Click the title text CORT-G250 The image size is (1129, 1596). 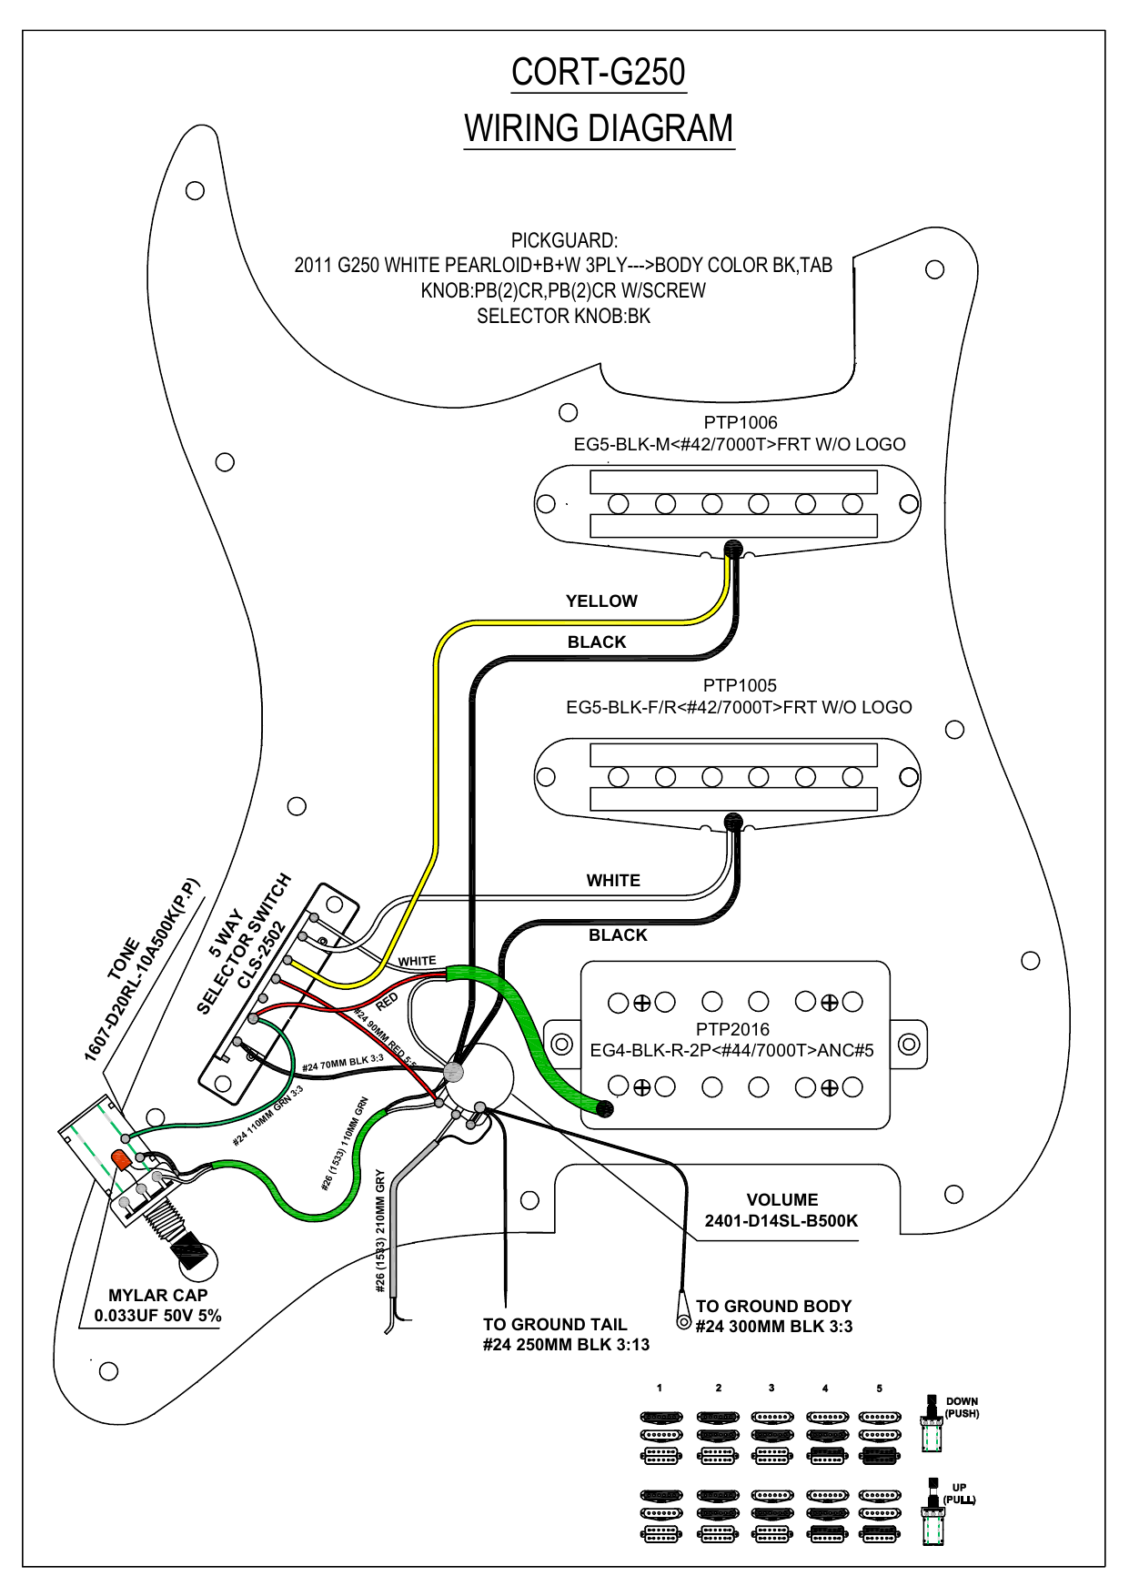pyautogui.click(x=598, y=73)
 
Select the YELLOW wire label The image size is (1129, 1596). pyautogui.click(x=601, y=601)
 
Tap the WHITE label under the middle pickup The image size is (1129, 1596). pyautogui.click(x=613, y=881)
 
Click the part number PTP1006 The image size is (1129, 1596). pyautogui.click(x=740, y=422)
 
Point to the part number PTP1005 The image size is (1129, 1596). pyautogui.click(x=739, y=685)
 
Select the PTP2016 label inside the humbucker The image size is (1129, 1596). pyautogui.click(x=732, y=1029)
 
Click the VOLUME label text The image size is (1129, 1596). pyautogui.click(x=781, y=1200)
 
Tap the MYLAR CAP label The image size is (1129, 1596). pyautogui.click(x=158, y=1295)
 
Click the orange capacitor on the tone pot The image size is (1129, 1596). pyautogui.click(x=120, y=1159)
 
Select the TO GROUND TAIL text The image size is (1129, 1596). pyautogui.click(x=555, y=1325)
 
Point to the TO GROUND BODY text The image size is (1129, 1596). pyautogui.click(x=773, y=1307)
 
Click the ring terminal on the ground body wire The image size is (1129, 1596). pyautogui.click(x=683, y=1321)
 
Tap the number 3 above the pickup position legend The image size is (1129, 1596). pyautogui.click(x=771, y=1389)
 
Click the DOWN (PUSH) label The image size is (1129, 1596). pyautogui.click(x=962, y=1408)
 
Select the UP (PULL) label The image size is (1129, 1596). pyautogui.click(x=959, y=1493)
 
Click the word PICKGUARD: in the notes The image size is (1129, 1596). pyautogui.click(x=564, y=241)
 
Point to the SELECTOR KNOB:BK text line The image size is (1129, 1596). pyautogui.click(x=563, y=317)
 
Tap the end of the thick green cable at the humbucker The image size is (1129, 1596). pyautogui.click(x=603, y=1108)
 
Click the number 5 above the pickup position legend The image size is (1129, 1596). pyautogui.click(x=879, y=1389)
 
